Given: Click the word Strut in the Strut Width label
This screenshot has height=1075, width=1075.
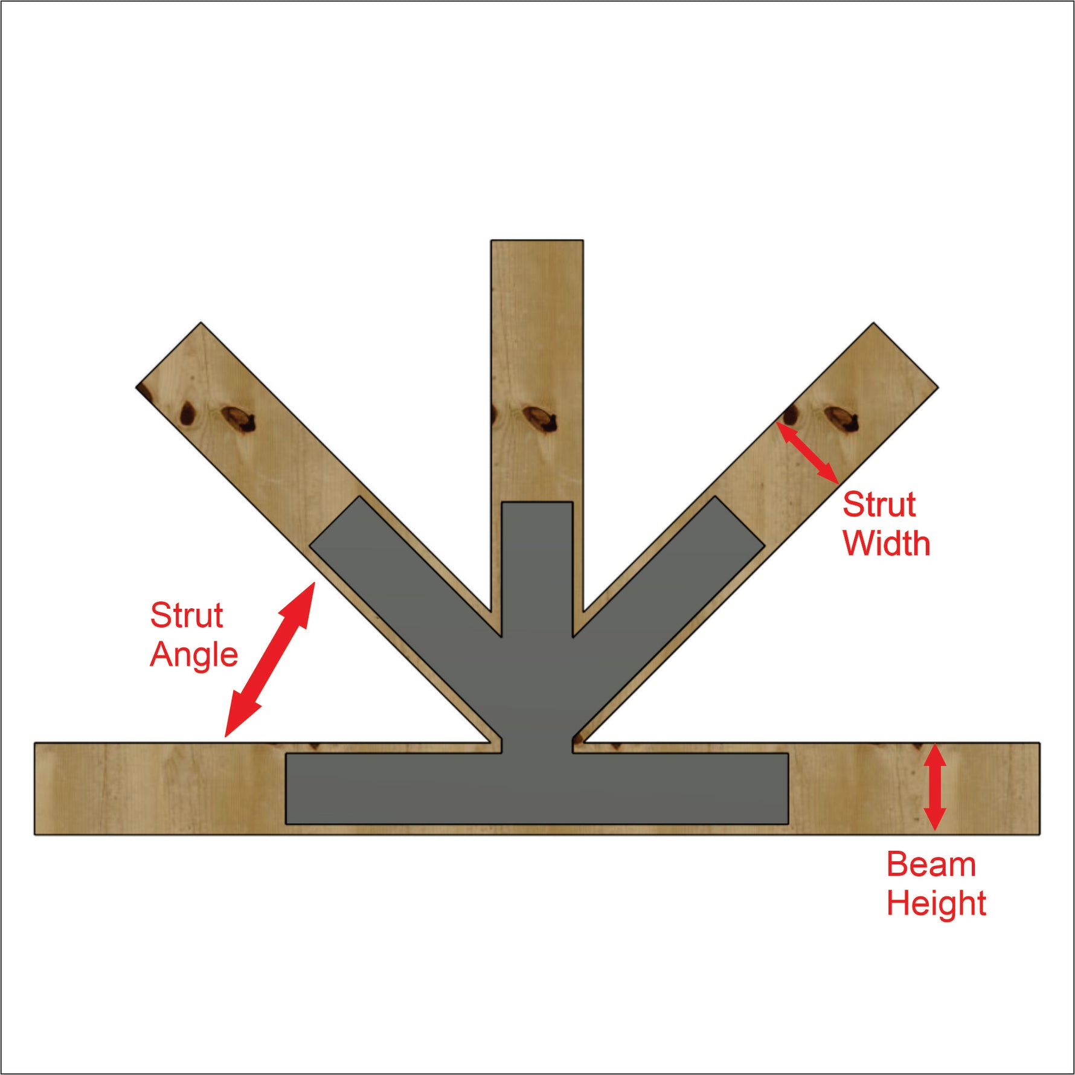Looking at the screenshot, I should [879, 505].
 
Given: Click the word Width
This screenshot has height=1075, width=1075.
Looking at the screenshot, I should [886, 544].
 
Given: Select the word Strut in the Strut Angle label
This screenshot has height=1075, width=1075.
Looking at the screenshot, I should [187, 615].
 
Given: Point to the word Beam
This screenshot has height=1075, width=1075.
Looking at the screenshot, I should [931, 865].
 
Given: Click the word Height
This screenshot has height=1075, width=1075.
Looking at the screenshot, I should [936, 903].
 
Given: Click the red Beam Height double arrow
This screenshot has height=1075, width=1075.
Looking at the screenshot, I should [934, 786].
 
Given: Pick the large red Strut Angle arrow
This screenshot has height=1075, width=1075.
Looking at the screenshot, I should [269, 659].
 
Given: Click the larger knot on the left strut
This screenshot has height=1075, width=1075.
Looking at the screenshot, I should [239, 419].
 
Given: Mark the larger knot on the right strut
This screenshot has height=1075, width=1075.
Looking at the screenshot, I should [842, 419].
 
